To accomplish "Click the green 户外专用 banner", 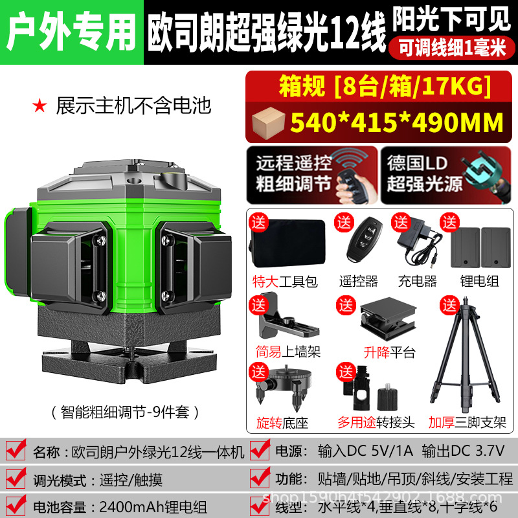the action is [72, 32].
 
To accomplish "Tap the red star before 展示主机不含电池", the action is [39, 106].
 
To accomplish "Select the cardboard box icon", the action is [268, 122].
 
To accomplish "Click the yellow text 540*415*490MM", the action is [397, 122].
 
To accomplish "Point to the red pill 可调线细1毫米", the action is [451, 48].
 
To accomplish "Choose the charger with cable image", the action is [420, 243].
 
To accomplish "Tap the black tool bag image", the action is [288, 243].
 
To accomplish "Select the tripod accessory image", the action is [465, 354].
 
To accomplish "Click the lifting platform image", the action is [388, 319].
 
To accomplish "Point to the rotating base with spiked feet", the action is [285, 387].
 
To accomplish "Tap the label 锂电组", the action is [479, 281].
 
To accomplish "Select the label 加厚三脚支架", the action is [467, 422].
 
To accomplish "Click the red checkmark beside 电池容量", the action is [16, 506].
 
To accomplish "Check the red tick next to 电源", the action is [260, 449].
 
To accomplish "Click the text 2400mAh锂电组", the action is [153, 507].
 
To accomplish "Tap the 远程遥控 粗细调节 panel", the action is [312, 175].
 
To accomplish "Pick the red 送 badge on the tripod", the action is [449, 306].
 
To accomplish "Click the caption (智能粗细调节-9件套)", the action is [125, 412].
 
